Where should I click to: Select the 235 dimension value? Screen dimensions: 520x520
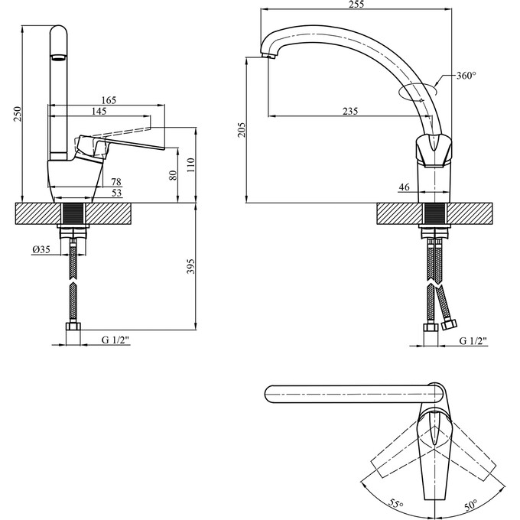click(349, 111)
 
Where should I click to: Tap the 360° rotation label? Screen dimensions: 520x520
click(466, 76)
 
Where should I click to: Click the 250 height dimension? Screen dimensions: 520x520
click(18, 114)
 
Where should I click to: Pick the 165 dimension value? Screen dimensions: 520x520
click(109, 100)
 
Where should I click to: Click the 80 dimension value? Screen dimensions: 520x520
click(173, 175)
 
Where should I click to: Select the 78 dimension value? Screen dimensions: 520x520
click(116, 181)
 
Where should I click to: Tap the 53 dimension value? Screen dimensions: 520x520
click(116, 193)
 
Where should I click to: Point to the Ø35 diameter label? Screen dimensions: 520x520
click(41, 249)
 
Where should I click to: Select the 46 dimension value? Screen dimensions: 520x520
click(405, 187)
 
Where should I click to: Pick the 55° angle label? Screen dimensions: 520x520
click(395, 503)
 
